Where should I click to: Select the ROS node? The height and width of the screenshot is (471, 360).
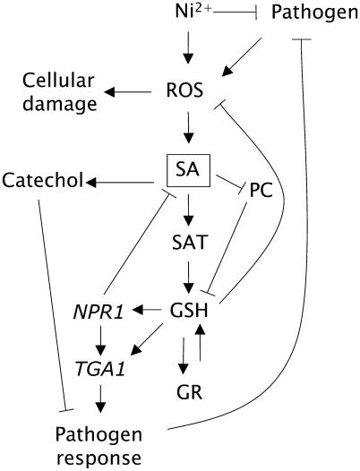tap(187, 90)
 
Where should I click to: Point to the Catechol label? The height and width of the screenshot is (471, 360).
tap(42, 182)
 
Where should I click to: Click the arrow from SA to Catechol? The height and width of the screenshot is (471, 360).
tap(123, 182)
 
